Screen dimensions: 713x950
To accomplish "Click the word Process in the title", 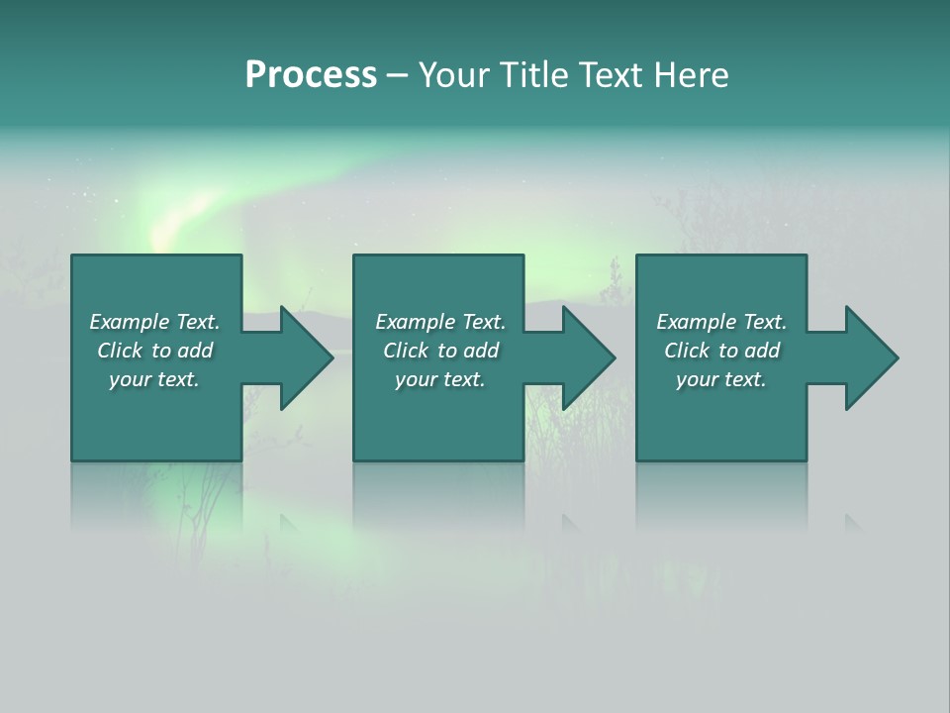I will [x=311, y=75].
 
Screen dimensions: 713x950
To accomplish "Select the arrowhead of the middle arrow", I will [x=593, y=357].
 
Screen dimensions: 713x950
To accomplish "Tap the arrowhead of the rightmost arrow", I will [x=875, y=357].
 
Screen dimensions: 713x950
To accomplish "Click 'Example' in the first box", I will [x=130, y=322].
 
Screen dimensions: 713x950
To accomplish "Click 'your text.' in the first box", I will [x=154, y=379].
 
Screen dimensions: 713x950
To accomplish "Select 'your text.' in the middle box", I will [x=439, y=379].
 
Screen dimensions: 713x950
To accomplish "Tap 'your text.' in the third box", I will [x=721, y=379].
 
